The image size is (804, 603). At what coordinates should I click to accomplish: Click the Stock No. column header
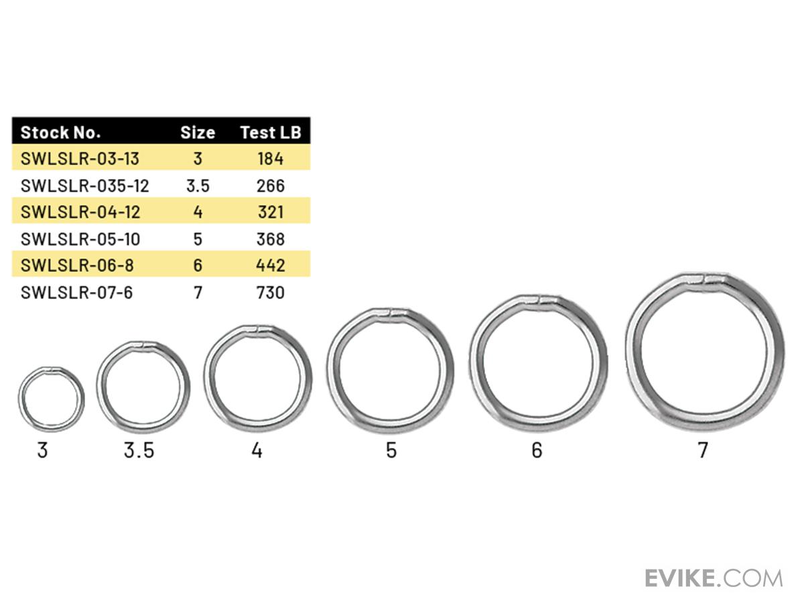point(60,133)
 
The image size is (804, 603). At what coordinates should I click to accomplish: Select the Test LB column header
point(271,133)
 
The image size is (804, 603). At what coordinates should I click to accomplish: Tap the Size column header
point(198,133)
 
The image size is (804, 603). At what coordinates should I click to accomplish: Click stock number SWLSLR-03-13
point(80,159)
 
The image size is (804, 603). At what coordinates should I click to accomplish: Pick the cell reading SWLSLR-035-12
point(84,186)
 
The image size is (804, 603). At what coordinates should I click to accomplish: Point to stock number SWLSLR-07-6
point(76,293)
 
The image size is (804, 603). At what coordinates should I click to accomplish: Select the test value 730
point(271,293)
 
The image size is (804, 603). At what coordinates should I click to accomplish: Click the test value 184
point(271,159)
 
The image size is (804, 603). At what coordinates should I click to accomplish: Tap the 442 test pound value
point(271,266)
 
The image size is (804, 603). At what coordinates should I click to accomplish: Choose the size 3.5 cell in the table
point(198,186)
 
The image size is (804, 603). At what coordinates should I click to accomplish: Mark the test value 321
point(271,212)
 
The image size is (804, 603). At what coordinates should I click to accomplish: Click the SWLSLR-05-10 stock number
point(80,239)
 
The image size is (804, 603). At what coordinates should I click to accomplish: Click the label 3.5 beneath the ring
point(139,450)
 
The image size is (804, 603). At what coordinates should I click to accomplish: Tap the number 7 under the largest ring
point(702,450)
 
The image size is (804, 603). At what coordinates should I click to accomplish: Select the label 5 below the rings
point(391,450)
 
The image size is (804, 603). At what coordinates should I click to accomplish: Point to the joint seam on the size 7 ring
point(711,277)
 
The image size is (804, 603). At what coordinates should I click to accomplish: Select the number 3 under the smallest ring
point(43,450)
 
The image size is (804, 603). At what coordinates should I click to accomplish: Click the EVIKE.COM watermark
point(714,578)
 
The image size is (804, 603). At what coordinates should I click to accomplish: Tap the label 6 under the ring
point(537,450)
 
